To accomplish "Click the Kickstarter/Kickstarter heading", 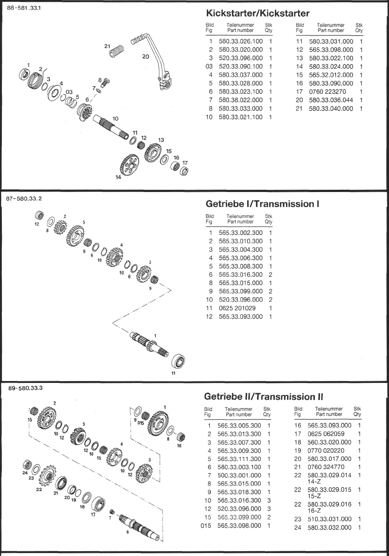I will pyautogui.click(x=257, y=13).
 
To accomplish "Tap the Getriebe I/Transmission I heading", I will pyautogui.click(x=262, y=204).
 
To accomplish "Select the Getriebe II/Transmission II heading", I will pyautogui.click(x=263, y=397).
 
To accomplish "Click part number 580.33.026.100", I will pyautogui.click(x=240, y=42).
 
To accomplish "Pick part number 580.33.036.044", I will pyautogui.click(x=331, y=100).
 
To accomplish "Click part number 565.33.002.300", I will pyautogui.click(x=240, y=233).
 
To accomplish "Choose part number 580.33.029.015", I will pyautogui.click(x=329, y=490).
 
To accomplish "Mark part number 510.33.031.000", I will pyautogui.click(x=329, y=519).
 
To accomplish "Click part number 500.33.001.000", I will pyautogui.click(x=239, y=475).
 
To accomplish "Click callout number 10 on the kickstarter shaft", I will pyautogui.click(x=116, y=119).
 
